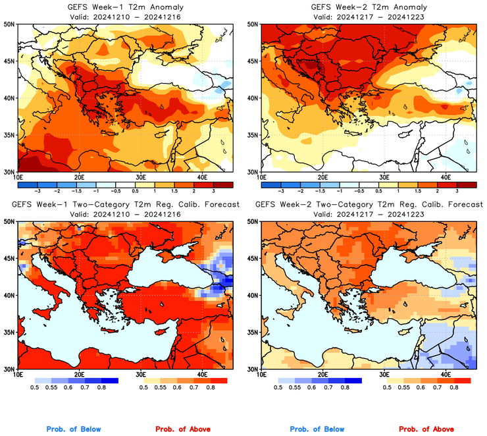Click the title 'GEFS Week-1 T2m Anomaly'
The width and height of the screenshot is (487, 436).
(123, 7)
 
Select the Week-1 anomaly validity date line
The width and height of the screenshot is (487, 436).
(123, 16)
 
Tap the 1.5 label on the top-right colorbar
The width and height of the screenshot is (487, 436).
(419, 190)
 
